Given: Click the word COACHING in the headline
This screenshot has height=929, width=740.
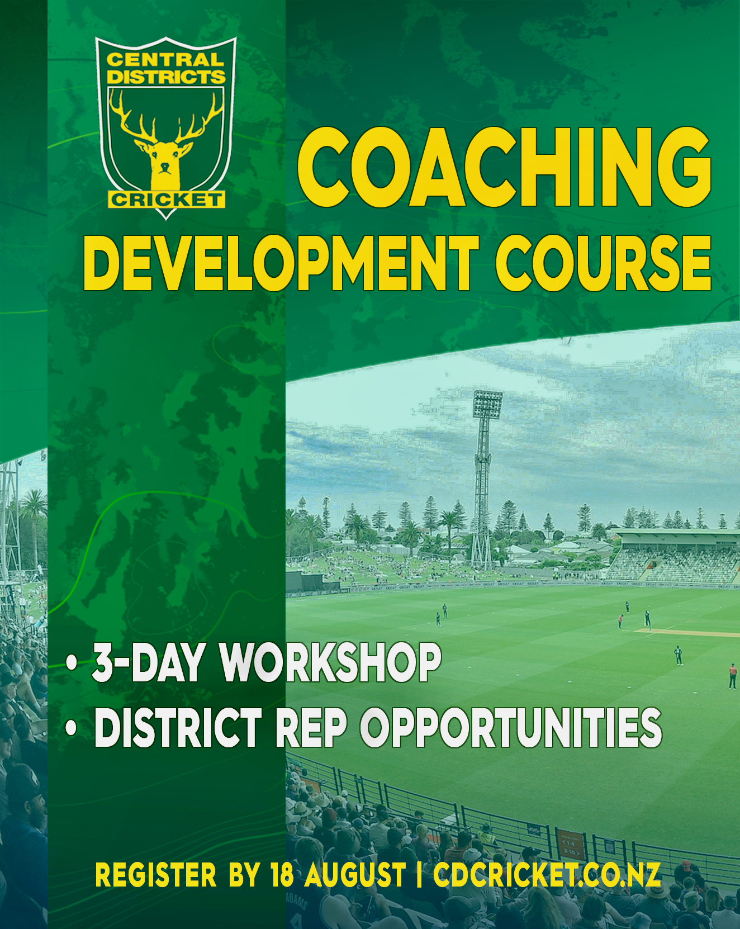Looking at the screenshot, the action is tap(504, 167).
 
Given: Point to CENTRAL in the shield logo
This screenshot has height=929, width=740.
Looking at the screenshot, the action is tap(165, 59).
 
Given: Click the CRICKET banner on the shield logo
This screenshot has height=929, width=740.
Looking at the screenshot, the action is tap(166, 200).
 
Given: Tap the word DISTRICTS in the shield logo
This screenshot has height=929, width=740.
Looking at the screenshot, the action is tap(166, 77).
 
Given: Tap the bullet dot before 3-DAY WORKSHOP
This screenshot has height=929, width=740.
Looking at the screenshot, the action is tap(72, 663).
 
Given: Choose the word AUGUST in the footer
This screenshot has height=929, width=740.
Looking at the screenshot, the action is tap(355, 875).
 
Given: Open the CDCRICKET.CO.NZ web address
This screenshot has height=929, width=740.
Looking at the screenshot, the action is tap(547, 875).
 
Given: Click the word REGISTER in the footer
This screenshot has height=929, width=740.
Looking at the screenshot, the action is tap(156, 875).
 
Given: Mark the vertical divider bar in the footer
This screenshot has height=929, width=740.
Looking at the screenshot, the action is tap(419, 875).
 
